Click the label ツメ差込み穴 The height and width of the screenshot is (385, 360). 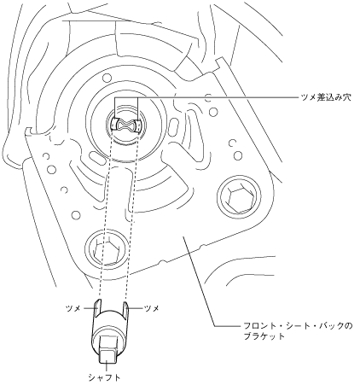(x=325, y=97)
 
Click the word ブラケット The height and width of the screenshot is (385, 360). (x=264, y=336)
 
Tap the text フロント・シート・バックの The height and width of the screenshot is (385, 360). (x=298, y=325)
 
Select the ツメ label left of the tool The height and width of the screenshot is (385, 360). (x=73, y=308)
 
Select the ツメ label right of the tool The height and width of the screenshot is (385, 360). (x=152, y=308)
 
